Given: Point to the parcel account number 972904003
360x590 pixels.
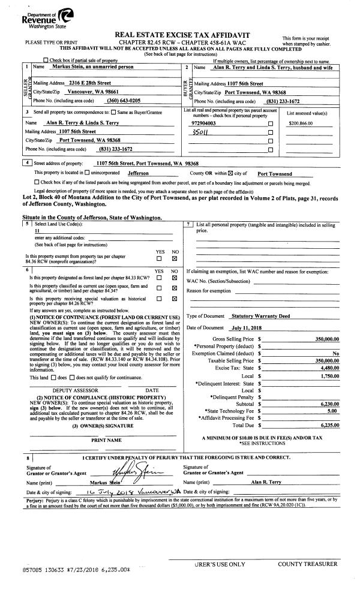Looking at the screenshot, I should (202, 122).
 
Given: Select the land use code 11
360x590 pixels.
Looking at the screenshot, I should (38, 230).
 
